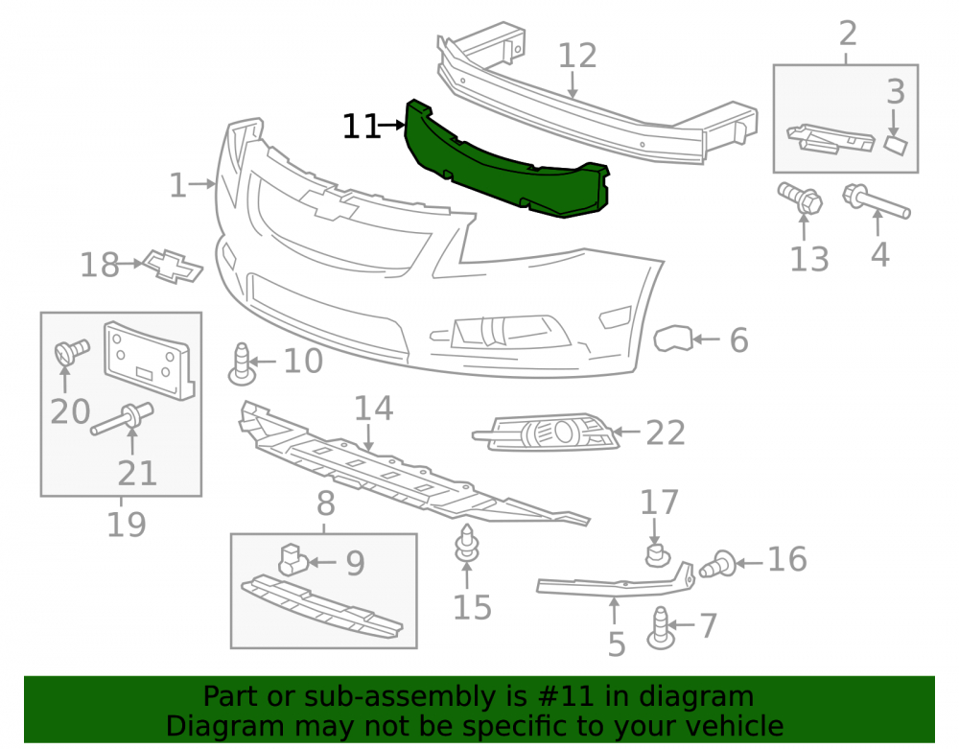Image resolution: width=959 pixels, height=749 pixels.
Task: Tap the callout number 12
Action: pos(577,56)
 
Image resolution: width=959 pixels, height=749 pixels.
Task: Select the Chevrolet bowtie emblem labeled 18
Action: pos(173,266)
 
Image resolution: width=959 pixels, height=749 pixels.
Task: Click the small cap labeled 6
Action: pos(673,339)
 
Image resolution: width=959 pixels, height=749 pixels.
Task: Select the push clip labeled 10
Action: pos(242,364)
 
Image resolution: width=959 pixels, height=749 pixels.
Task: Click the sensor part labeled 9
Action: pos(292,559)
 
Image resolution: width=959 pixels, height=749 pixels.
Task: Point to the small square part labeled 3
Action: pos(896,146)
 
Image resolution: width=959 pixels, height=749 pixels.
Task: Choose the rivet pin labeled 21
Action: pos(123,419)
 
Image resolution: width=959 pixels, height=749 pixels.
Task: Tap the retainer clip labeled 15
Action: pos(467,543)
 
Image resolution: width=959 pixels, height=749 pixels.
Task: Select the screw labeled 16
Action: pos(718,564)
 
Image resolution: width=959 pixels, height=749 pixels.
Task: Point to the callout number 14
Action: pos(374,408)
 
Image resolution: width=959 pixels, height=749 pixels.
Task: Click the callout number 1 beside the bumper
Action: pos(177,185)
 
